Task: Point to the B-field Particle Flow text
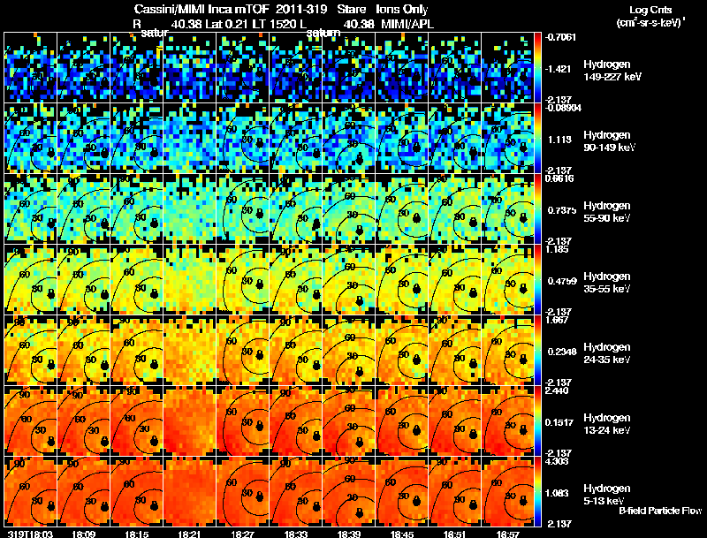point(660,511)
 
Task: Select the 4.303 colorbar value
point(559,461)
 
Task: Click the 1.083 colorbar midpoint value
point(559,493)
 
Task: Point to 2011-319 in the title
point(300,9)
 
